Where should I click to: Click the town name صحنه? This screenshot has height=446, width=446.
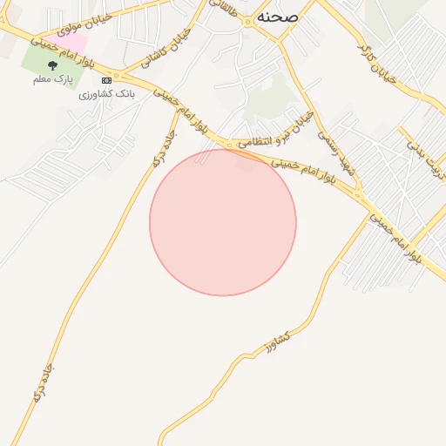coord(278,17)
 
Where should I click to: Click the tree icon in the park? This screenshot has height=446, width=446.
coord(52,64)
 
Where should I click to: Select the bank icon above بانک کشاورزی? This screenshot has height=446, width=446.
coord(106,80)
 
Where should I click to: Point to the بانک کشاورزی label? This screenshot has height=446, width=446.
coord(103,94)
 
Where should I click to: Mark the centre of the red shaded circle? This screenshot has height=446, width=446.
coord(223,222)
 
